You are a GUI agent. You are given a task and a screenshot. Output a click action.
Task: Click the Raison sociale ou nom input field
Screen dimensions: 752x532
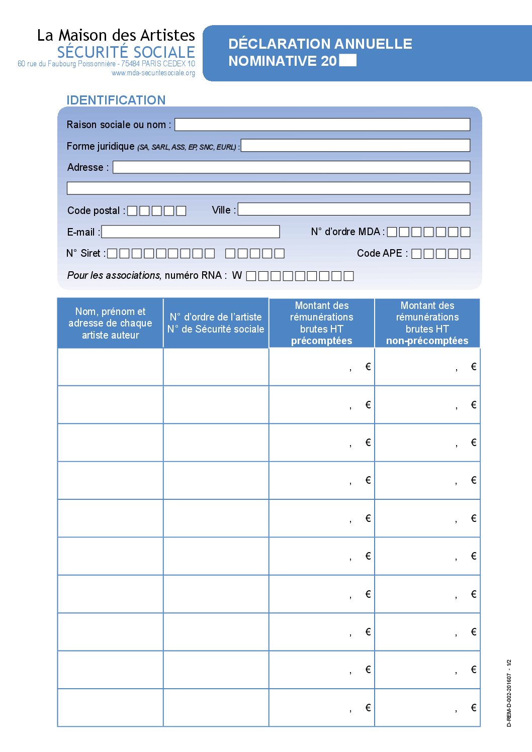[x=322, y=125]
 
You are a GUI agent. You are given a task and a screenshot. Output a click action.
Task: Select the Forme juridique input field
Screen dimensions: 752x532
[x=355, y=146]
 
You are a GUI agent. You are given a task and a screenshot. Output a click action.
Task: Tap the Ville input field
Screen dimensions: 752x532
[x=353, y=209]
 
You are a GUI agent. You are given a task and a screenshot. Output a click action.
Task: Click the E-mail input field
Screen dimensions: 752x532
[x=190, y=232]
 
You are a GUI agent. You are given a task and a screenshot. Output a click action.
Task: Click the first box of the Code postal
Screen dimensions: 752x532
[x=132, y=211]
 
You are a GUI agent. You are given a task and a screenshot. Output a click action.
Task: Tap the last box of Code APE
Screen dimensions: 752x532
[x=465, y=254]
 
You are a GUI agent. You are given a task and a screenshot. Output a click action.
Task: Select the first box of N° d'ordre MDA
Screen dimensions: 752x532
[x=392, y=232]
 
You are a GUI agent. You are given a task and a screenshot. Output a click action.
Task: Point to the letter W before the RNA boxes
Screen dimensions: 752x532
[x=237, y=276]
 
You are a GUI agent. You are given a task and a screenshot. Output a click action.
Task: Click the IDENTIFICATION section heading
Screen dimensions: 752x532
[x=116, y=100]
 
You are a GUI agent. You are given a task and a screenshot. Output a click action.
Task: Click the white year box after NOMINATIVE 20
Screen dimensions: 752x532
[x=348, y=61]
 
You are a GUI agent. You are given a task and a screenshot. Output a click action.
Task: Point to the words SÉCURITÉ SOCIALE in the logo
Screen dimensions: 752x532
[x=126, y=52]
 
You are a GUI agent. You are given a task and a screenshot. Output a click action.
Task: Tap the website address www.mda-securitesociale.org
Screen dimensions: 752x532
[x=153, y=73]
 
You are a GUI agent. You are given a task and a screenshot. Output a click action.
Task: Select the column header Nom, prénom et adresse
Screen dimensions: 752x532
[x=110, y=323]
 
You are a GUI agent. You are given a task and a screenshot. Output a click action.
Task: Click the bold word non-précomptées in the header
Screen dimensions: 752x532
[x=427, y=341]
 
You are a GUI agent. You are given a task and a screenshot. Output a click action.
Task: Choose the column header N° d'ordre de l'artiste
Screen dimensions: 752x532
[x=216, y=323]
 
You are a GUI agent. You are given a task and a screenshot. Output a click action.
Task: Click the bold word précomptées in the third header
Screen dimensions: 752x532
[x=321, y=341]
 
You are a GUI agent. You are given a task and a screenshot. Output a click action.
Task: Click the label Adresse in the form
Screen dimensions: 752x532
[x=85, y=167]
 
